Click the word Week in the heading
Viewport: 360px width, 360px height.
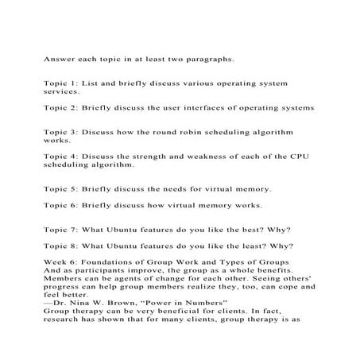(56, 263)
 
